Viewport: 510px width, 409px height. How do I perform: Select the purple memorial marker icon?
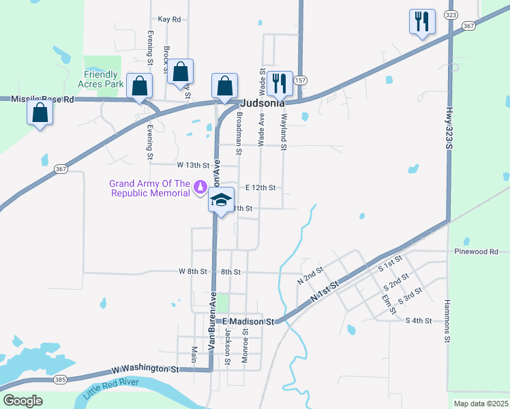pos(200,185)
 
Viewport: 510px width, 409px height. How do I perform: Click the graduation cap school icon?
pos(221,200)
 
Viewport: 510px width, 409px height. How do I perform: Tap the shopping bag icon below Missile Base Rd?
pos(40,113)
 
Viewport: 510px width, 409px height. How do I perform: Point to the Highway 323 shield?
pos(450,14)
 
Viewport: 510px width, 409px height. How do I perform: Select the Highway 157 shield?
pos(300,80)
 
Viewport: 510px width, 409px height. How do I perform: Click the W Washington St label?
pos(145,369)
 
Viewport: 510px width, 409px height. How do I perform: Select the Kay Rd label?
pos(168,20)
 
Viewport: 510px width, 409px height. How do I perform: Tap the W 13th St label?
pos(193,164)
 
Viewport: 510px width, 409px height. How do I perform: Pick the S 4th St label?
pos(419,320)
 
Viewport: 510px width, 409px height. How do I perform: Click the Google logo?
pos(22,401)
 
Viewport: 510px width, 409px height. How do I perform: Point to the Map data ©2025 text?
pos(480,404)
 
